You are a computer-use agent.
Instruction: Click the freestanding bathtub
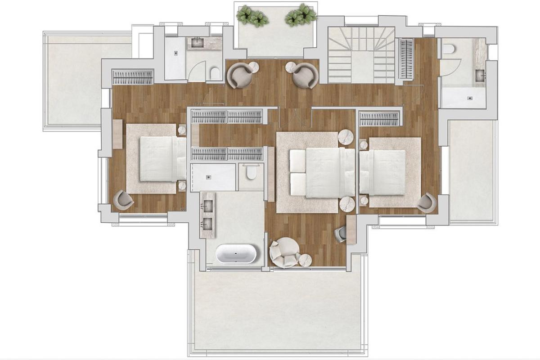(x=236, y=254)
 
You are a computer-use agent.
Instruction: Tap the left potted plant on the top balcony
(x=252, y=16)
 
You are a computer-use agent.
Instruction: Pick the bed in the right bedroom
(x=383, y=172)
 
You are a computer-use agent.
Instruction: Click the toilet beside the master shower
(x=251, y=172)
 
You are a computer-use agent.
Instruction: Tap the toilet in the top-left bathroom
(x=215, y=74)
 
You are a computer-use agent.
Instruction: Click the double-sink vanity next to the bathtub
(x=207, y=215)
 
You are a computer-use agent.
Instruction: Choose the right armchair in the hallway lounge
(x=306, y=75)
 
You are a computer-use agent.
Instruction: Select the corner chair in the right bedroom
(x=426, y=202)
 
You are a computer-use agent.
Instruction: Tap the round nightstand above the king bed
(x=346, y=137)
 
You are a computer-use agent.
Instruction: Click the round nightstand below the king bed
(x=347, y=204)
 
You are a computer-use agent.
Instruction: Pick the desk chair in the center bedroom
(x=341, y=233)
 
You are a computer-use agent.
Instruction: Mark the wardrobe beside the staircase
(x=406, y=58)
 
